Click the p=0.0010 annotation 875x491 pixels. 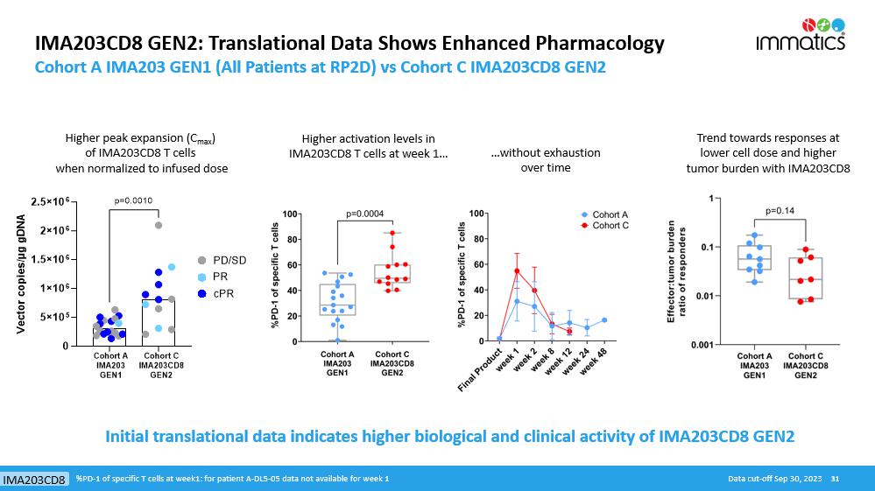(134, 200)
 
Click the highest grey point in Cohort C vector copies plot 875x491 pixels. (159, 225)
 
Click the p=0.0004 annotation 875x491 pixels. (365, 213)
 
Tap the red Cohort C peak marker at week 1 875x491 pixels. (517, 271)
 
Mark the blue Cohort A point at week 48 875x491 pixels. (604, 320)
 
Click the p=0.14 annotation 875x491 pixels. (779, 210)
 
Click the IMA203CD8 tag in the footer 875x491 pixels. (35, 480)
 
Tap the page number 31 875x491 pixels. (835, 479)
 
